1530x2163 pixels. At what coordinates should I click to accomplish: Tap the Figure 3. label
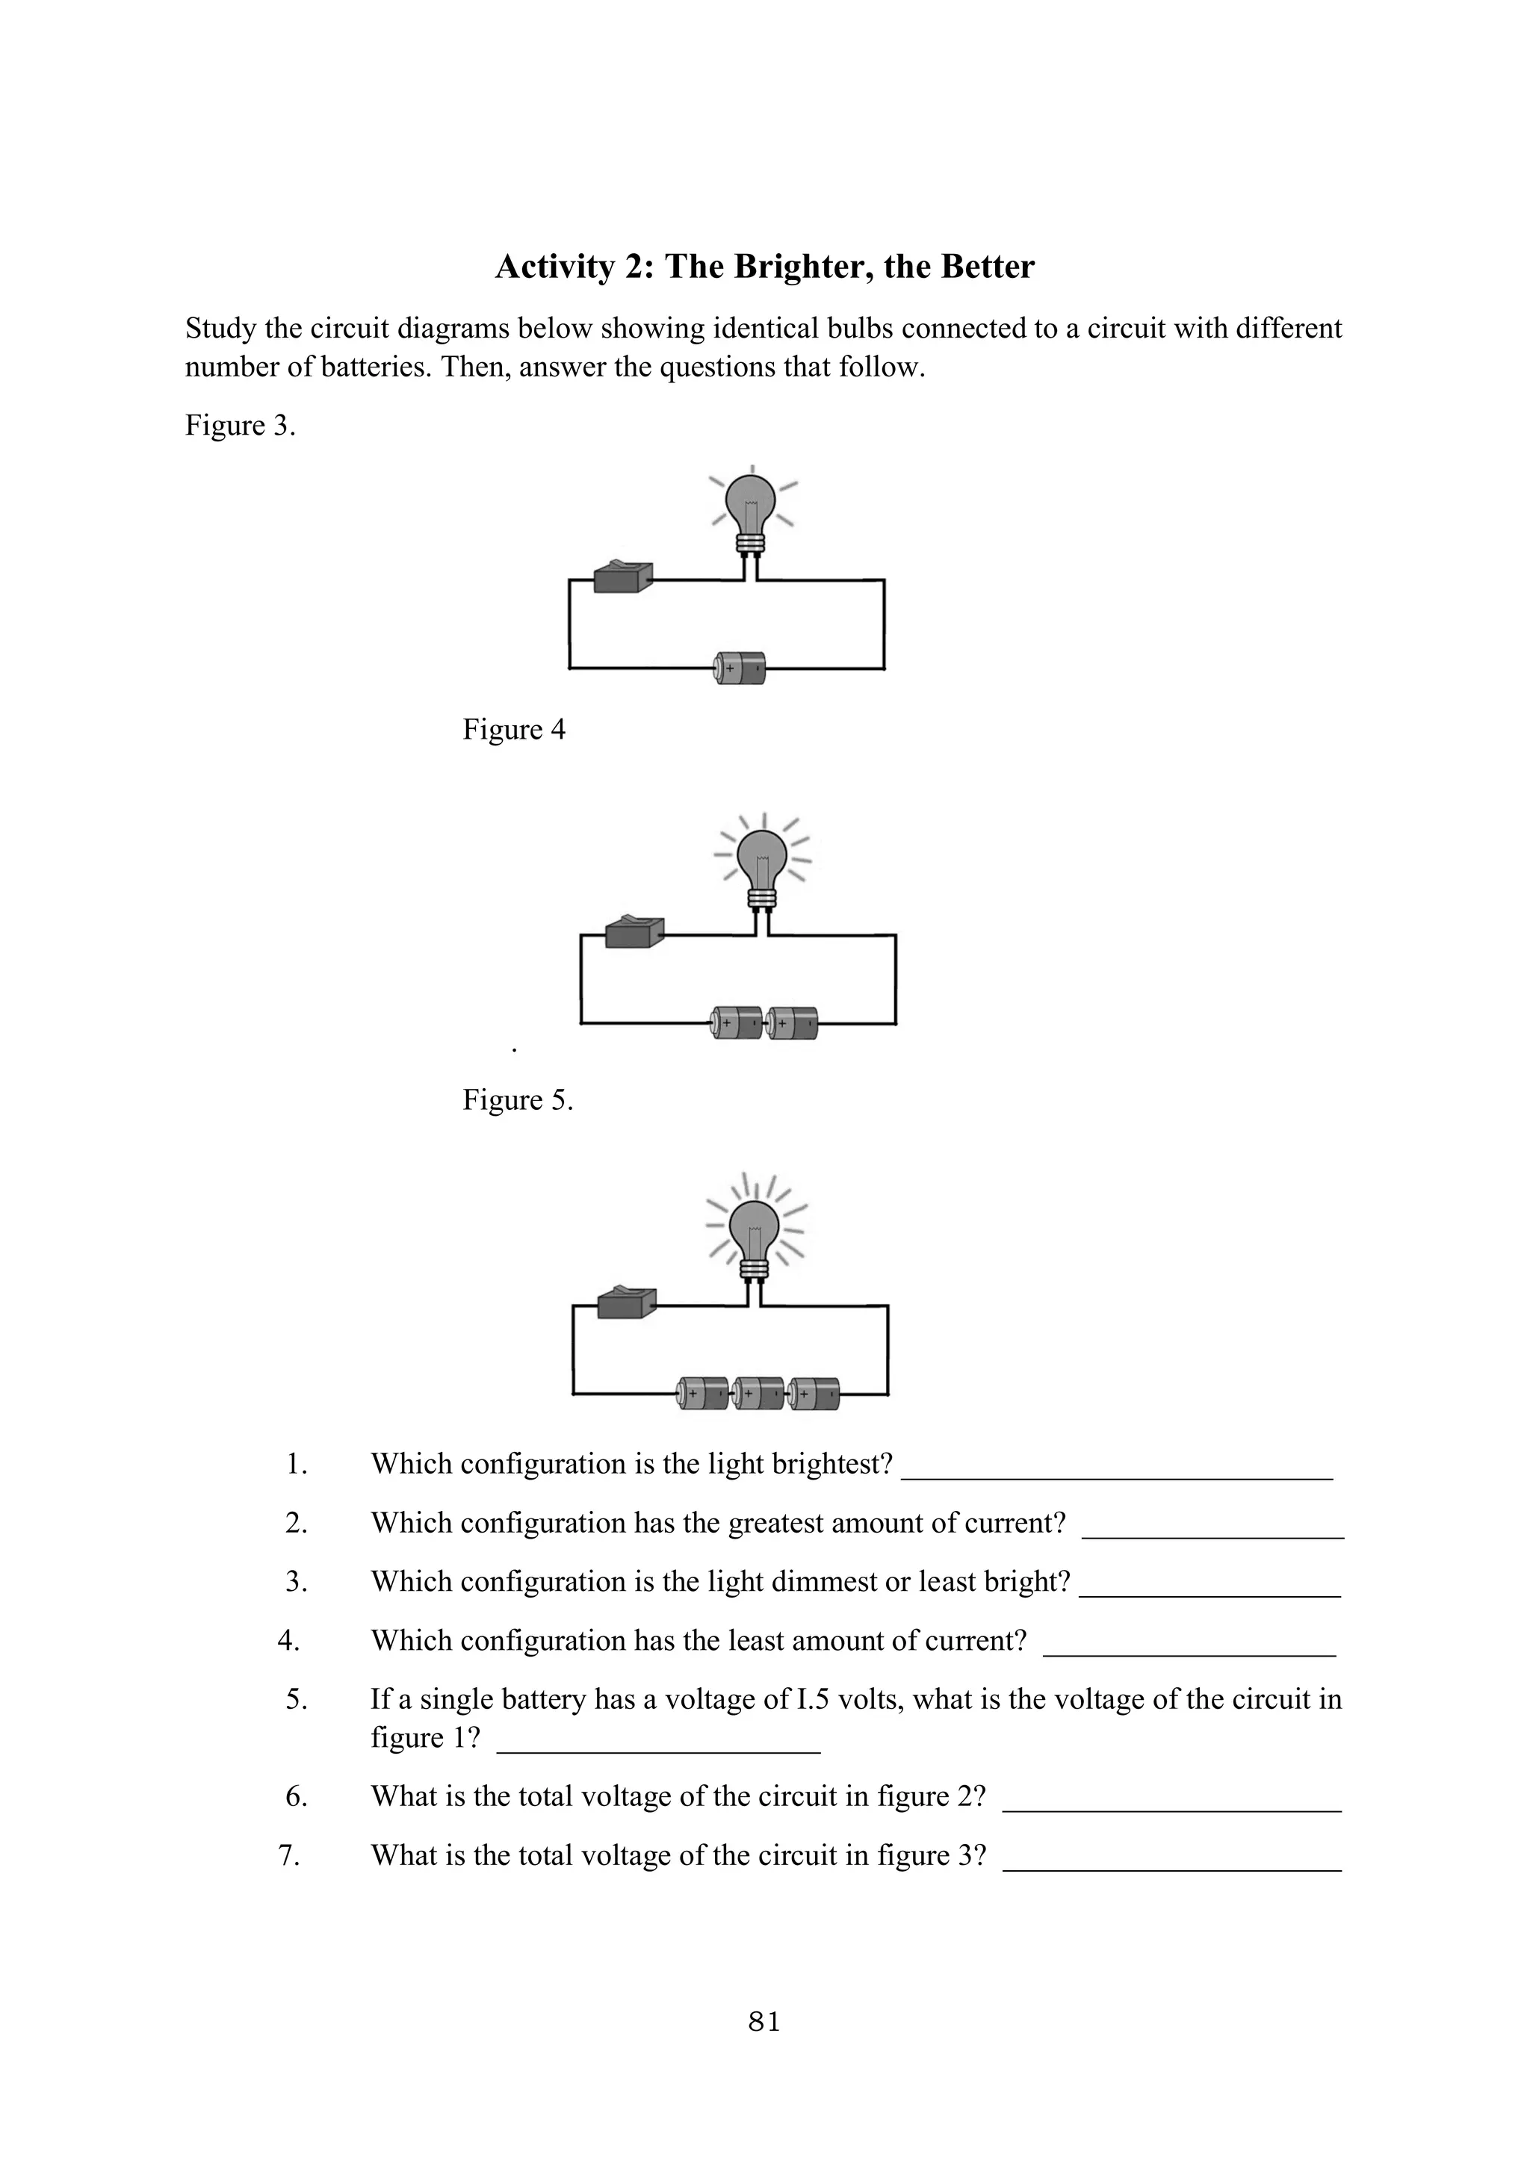(x=241, y=426)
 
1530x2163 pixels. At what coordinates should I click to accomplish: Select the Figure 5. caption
(x=517, y=1099)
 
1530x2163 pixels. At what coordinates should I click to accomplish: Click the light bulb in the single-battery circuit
(x=751, y=509)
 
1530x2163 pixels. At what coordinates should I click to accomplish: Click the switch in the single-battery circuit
(x=624, y=577)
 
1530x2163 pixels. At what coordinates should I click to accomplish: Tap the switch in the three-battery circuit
(x=627, y=1303)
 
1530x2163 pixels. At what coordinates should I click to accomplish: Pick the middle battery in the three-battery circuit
(x=758, y=1393)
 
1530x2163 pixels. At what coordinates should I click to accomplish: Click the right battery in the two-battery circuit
(x=793, y=1023)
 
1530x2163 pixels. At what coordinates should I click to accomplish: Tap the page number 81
(x=764, y=2021)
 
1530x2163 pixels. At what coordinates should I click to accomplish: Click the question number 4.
(x=289, y=1640)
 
